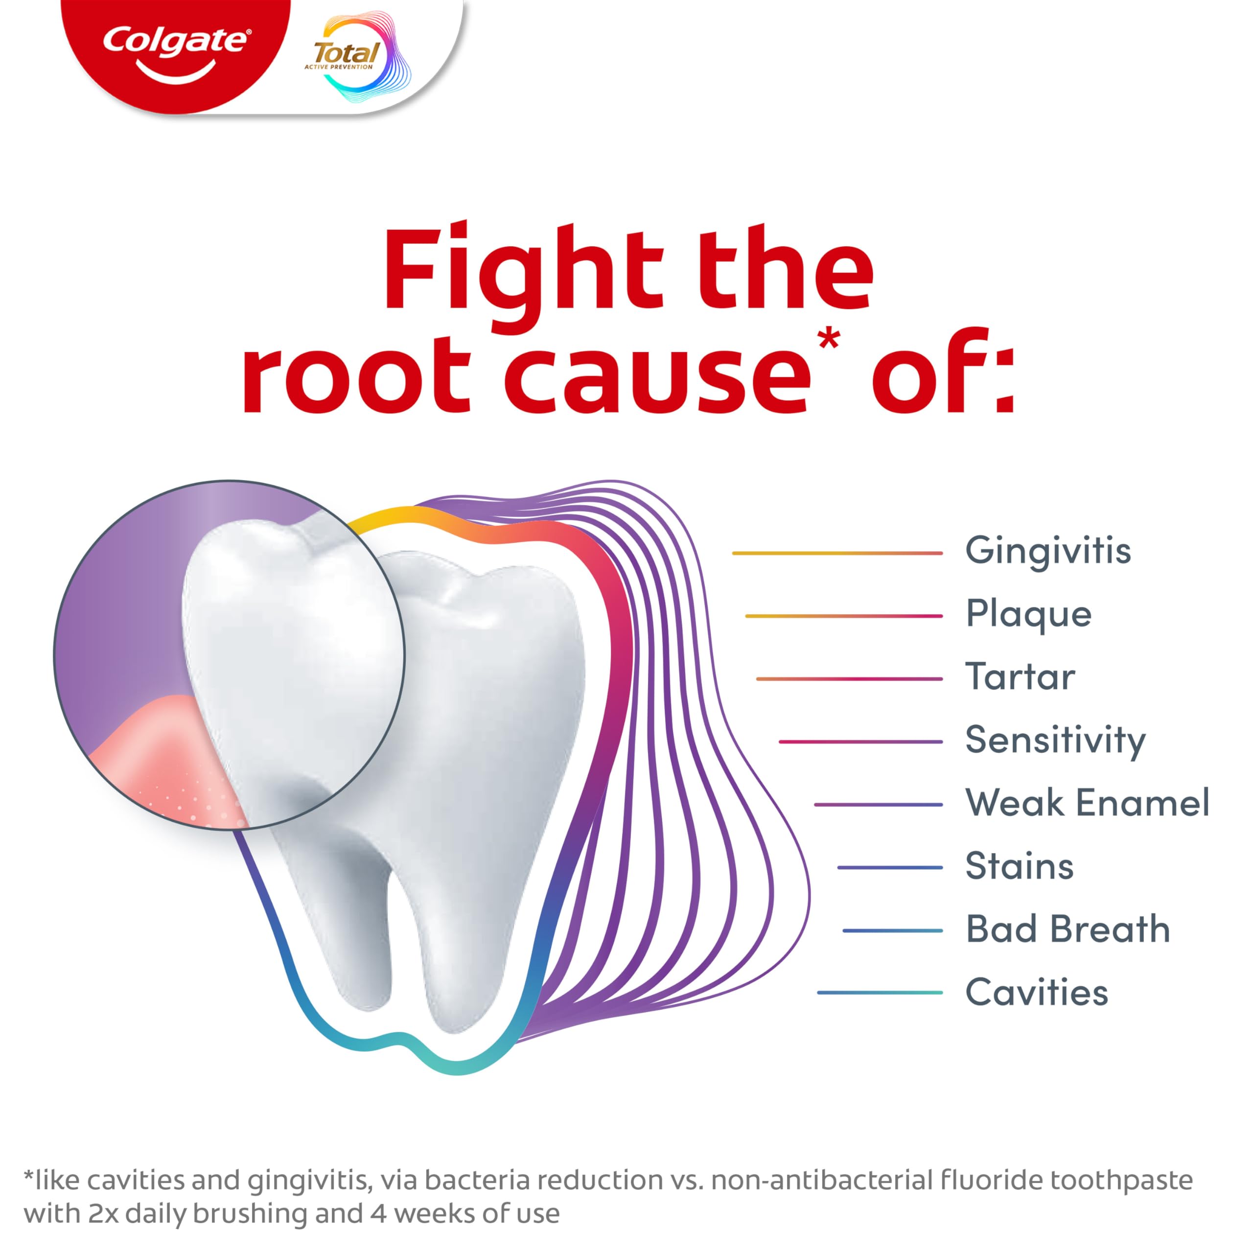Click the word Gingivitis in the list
1048,551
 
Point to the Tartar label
1020,677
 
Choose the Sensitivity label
1055,740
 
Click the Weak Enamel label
1087,803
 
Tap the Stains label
1019,866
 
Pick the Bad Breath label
1067,929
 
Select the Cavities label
1036,992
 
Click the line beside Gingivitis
836,553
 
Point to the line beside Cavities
880,992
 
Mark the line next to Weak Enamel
878,805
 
